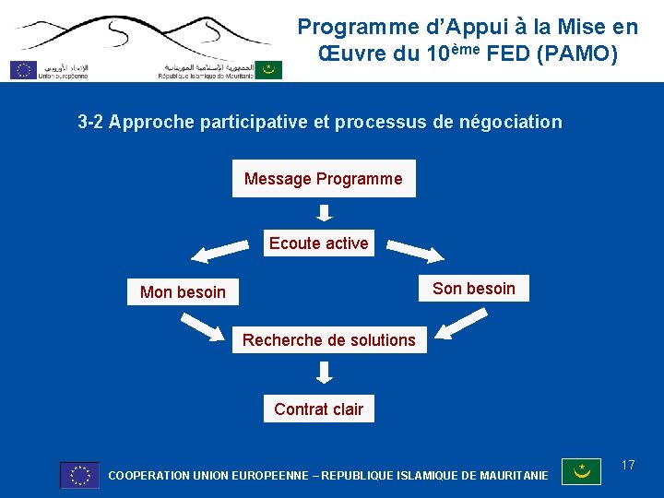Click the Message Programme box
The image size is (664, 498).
(x=324, y=179)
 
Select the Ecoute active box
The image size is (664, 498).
(x=319, y=243)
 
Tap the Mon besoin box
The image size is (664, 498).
(x=183, y=292)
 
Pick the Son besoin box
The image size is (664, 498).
(x=474, y=289)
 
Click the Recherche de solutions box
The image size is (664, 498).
(x=329, y=340)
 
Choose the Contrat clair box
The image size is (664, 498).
(x=319, y=409)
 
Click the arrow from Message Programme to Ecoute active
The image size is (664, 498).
(x=324, y=213)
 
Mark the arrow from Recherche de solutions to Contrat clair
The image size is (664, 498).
(x=324, y=373)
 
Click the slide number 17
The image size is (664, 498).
(x=628, y=465)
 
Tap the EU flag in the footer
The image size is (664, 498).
(x=79, y=475)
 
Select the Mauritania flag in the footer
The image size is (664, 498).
(x=582, y=472)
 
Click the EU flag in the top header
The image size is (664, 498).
(x=23, y=69)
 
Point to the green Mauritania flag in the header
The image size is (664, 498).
(x=268, y=69)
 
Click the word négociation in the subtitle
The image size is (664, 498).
(x=512, y=122)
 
